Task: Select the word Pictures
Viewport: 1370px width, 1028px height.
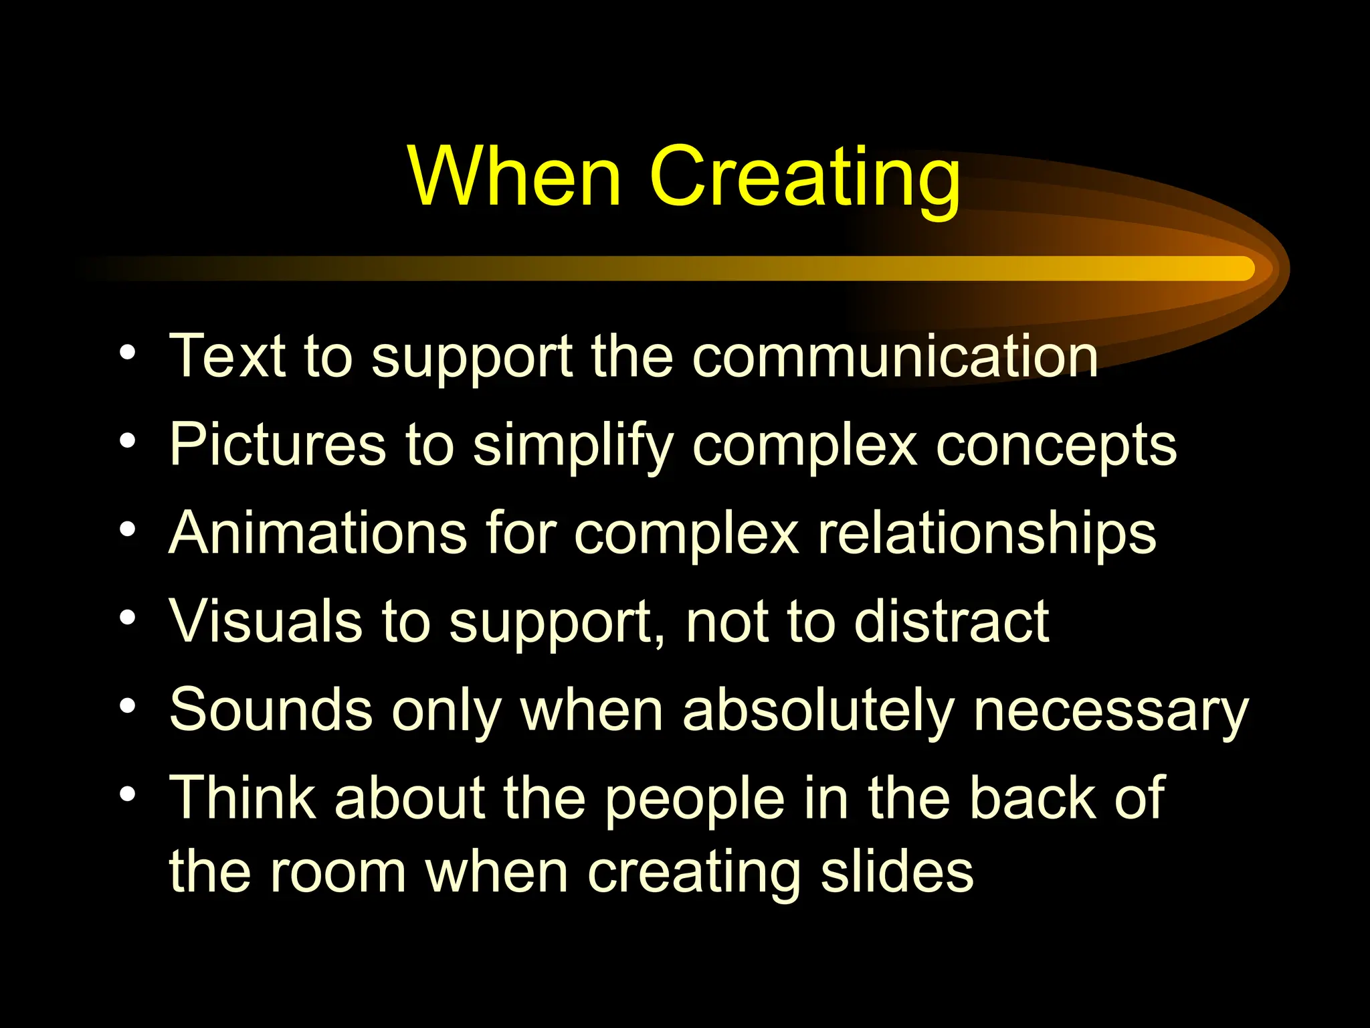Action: (x=278, y=445)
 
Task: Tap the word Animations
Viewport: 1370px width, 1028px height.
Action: (x=318, y=533)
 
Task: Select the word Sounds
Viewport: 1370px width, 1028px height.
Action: (x=271, y=710)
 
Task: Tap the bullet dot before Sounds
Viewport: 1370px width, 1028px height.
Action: (x=127, y=705)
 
